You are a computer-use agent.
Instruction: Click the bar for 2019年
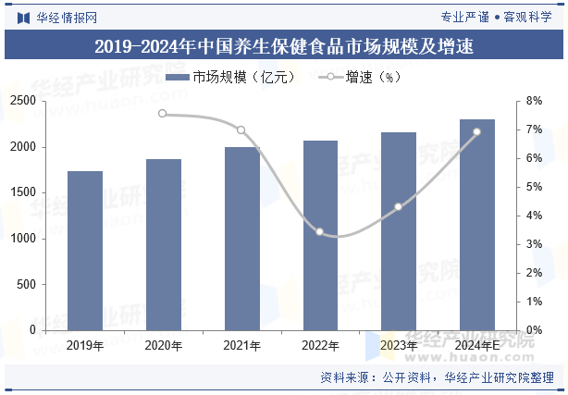click(x=85, y=251)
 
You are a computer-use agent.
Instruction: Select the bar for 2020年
click(x=164, y=244)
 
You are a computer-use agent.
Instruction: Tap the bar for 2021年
click(x=241, y=239)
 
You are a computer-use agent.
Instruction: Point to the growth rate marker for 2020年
click(x=163, y=114)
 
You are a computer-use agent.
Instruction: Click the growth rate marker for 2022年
click(x=320, y=231)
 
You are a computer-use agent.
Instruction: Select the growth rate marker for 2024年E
click(x=477, y=131)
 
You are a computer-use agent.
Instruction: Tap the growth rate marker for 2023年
click(x=399, y=207)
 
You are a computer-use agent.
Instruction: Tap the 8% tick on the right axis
click(x=534, y=101)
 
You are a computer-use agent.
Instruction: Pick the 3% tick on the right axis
click(x=534, y=244)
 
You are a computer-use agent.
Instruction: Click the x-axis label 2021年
click(x=241, y=345)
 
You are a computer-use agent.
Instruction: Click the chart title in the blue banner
click(x=284, y=47)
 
